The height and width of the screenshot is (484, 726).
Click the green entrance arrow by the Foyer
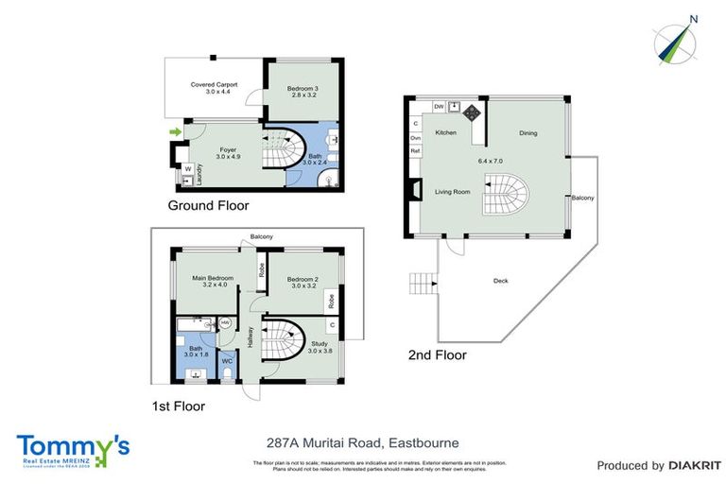(173, 131)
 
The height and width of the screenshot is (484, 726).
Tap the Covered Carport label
(214, 84)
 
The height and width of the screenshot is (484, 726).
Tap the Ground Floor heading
(209, 204)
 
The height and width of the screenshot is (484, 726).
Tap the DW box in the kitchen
(439, 107)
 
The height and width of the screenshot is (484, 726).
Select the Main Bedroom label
(213, 277)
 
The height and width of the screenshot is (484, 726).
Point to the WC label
(227, 360)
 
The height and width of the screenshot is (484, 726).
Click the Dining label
(527, 133)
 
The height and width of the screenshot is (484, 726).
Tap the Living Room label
(452, 192)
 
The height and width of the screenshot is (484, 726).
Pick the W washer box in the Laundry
(188, 169)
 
